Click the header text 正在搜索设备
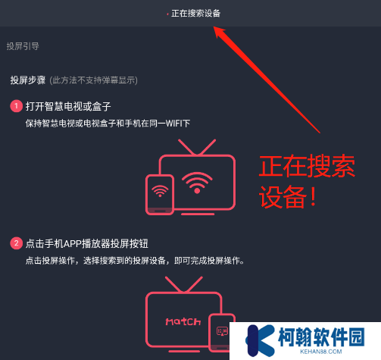pos(195,14)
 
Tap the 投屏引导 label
pos(23,46)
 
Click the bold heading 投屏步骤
pos(28,80)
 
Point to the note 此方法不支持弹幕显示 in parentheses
pos(93,80)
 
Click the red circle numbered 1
pos(16,106)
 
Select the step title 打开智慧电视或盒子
pos(68,106)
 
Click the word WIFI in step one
pos(174,124)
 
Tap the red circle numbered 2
pos(16,243)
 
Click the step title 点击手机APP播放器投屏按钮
pos(87,244)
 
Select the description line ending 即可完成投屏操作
pos(135,261)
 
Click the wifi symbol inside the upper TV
pos(197,183)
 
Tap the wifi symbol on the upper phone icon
pos(160,191)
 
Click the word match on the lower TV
pos(183,321)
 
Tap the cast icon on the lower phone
pos(222,331)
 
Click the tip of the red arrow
pos(214,27)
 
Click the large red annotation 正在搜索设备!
pos(308,181)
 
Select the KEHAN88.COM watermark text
pos(321,352)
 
